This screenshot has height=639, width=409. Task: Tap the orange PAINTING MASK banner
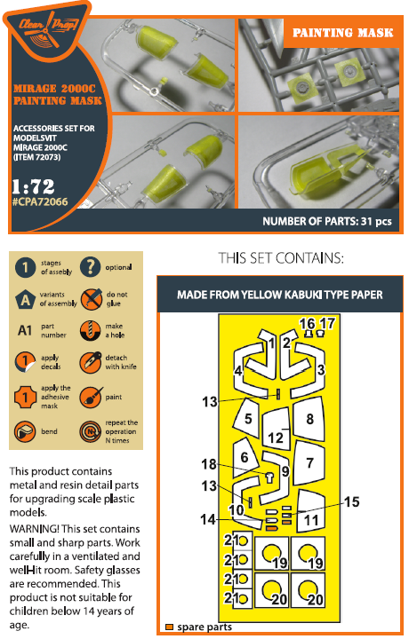tap(342, 33)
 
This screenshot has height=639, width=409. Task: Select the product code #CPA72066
tap(40, 201)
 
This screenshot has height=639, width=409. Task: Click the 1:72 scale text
tap(33, 186)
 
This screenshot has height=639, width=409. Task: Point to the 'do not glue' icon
tap(91, 299)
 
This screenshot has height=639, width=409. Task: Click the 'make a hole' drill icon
tap(90, 330)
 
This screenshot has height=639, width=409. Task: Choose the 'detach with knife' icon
tap(90, 362)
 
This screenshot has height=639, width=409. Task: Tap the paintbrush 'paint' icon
tap(90, 397)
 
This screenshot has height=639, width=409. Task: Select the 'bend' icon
tap(25, 431)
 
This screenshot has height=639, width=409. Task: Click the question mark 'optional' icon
tap(90, 267)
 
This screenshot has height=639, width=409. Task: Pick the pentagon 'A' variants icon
tap(25, 300)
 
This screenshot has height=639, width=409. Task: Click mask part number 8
tap(309, 419)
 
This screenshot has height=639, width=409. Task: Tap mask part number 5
tap(247, 419)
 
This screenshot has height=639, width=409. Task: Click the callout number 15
tap(352, 501)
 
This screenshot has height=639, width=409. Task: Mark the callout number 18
tap(209, 464)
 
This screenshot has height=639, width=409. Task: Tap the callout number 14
tap(207, 519)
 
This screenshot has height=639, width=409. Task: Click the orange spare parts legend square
tap(169, 627)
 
